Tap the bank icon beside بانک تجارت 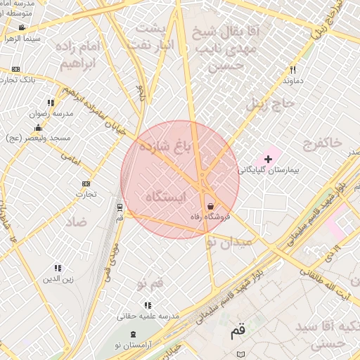tap(15, 69)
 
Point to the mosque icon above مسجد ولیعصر tap(37, 128)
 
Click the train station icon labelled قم tap(120, 207)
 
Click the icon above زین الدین tap(58, 268)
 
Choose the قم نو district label tap(150, 283)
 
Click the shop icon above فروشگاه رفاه tap(211, 206)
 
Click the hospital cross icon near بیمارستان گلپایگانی tap(268, 159)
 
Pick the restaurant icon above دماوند tap(292, 70)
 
